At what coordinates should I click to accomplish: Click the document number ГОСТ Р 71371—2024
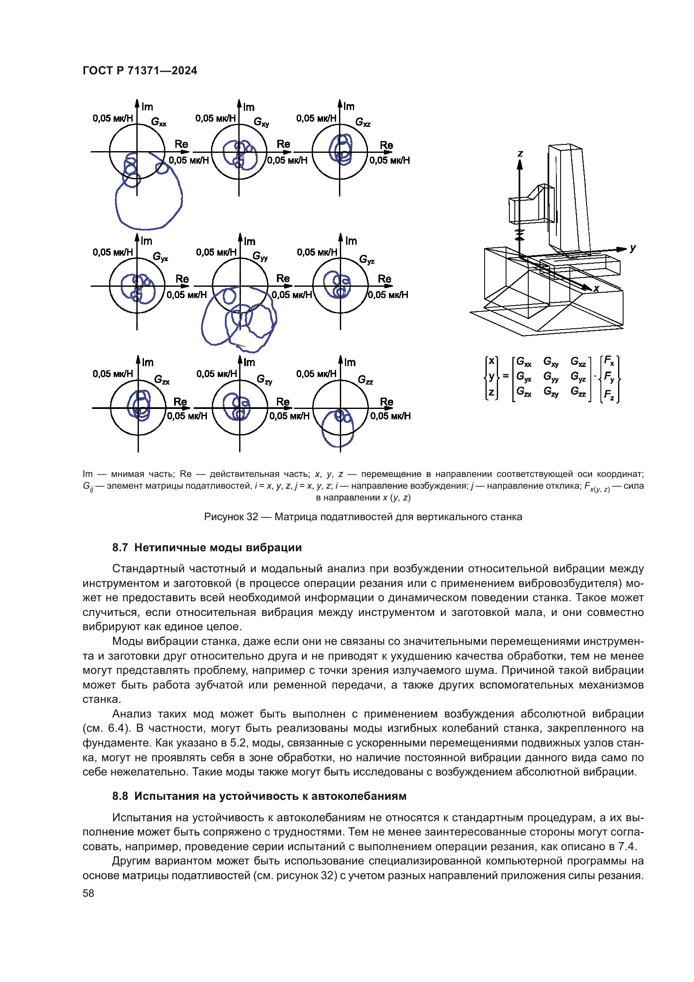tap(140, 71)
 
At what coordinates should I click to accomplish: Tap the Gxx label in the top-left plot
tap(159, 122)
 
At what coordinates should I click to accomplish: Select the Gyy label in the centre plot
tap(260, 256)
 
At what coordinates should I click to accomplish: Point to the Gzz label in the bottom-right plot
tap(365, 380)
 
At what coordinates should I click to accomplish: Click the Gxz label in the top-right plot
tap(363, 122)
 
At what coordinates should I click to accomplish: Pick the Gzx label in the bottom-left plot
tap(162, 380)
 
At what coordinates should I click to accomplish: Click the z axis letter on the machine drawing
tap(520, 153)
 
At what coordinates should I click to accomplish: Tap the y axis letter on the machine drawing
tap(633, 248)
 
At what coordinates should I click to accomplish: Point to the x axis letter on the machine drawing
tap(597, 288)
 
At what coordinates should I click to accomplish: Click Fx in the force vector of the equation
tap(609, 361)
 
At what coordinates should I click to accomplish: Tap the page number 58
tap(89, 893)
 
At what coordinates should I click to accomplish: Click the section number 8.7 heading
tap(120, 547)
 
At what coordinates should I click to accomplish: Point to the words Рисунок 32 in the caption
tap(231, 517)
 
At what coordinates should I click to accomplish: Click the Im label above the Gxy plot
tap(249, 107)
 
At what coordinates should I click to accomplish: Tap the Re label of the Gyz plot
tap(385, 279)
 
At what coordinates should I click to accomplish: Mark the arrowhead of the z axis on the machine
tap(520, 164)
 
